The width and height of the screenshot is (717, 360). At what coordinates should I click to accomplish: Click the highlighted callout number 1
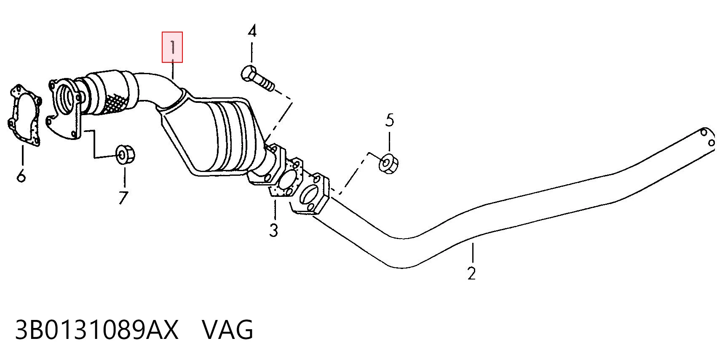[x=173, y=47]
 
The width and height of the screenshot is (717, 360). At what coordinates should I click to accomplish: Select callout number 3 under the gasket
[x=274, y=230]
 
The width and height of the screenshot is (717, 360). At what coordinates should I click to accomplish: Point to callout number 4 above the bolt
[x=252, y=31]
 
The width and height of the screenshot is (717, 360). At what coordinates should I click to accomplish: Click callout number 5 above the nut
[x=390, y=120]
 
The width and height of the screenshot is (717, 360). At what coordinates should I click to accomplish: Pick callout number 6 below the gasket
[x=21, y=175]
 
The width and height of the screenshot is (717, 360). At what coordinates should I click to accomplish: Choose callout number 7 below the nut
[x=123, y=198]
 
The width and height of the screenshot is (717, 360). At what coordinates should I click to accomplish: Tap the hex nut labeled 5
[x=388, y=164]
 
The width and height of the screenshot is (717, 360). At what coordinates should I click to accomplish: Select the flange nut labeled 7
[x=125, y=155]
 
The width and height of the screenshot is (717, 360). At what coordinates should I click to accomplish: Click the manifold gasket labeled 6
[x=25, y=116]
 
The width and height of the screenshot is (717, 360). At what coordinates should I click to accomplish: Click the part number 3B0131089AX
[x=96, y=330]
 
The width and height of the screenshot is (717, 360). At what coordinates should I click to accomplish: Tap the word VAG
[x=227, y=330]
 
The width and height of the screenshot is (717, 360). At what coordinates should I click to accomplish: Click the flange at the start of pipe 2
[x=310, y=194]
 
